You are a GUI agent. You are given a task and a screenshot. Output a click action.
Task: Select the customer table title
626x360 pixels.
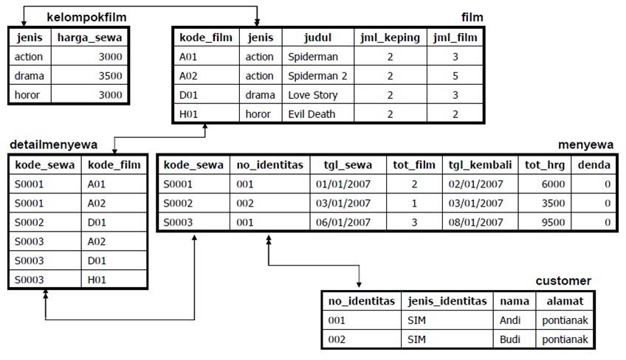click(563, 281)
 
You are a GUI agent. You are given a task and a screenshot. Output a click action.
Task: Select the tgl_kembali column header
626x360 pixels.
click(480, 165)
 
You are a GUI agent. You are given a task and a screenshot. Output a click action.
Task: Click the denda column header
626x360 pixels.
click(594, 165)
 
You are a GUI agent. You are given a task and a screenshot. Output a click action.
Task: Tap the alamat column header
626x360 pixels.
click(565, 301)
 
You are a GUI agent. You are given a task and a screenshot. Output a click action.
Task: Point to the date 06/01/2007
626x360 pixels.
click(343, 221)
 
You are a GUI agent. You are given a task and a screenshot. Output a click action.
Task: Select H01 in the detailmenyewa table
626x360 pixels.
click(98, 279)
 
